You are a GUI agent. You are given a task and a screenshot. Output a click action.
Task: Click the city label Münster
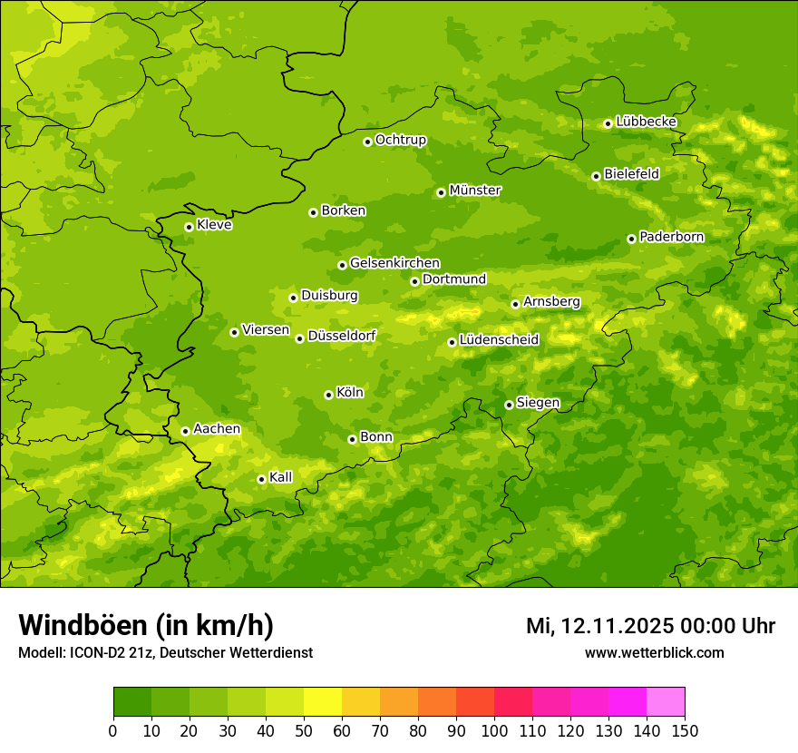tap(475, 191)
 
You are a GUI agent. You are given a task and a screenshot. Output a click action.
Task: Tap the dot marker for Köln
tap(328, 395)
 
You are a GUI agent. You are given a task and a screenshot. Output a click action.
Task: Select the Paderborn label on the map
tap(671, 237)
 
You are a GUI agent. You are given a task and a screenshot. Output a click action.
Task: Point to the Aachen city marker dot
tap(185, 431)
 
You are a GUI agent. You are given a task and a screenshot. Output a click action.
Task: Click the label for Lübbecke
tap(646, 122)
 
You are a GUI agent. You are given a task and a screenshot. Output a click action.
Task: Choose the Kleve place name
tap(214, 225)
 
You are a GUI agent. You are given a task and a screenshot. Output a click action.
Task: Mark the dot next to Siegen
tap(509, 405)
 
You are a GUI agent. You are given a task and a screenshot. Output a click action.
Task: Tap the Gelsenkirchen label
tap(394, 263)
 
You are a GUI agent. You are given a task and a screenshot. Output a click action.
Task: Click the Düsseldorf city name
tap(342, 336)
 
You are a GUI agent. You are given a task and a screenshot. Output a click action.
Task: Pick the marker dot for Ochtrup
tap(367, 142)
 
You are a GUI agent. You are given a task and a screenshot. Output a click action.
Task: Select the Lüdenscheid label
tap(499, 340)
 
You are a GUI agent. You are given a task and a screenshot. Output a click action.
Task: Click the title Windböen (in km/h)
tap(146, 625)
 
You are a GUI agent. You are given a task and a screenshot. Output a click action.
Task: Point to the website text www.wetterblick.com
tap(654, 652)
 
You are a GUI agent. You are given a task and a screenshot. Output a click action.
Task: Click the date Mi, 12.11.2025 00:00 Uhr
tap(650, 626)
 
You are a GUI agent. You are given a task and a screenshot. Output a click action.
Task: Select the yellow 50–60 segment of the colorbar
tap(323, 702)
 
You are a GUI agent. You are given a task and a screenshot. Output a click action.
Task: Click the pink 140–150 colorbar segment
tap(666, 702)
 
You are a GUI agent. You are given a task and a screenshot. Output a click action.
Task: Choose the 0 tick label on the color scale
tap(113, 730)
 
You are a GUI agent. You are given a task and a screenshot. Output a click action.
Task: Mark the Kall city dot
tap(261, 479)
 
